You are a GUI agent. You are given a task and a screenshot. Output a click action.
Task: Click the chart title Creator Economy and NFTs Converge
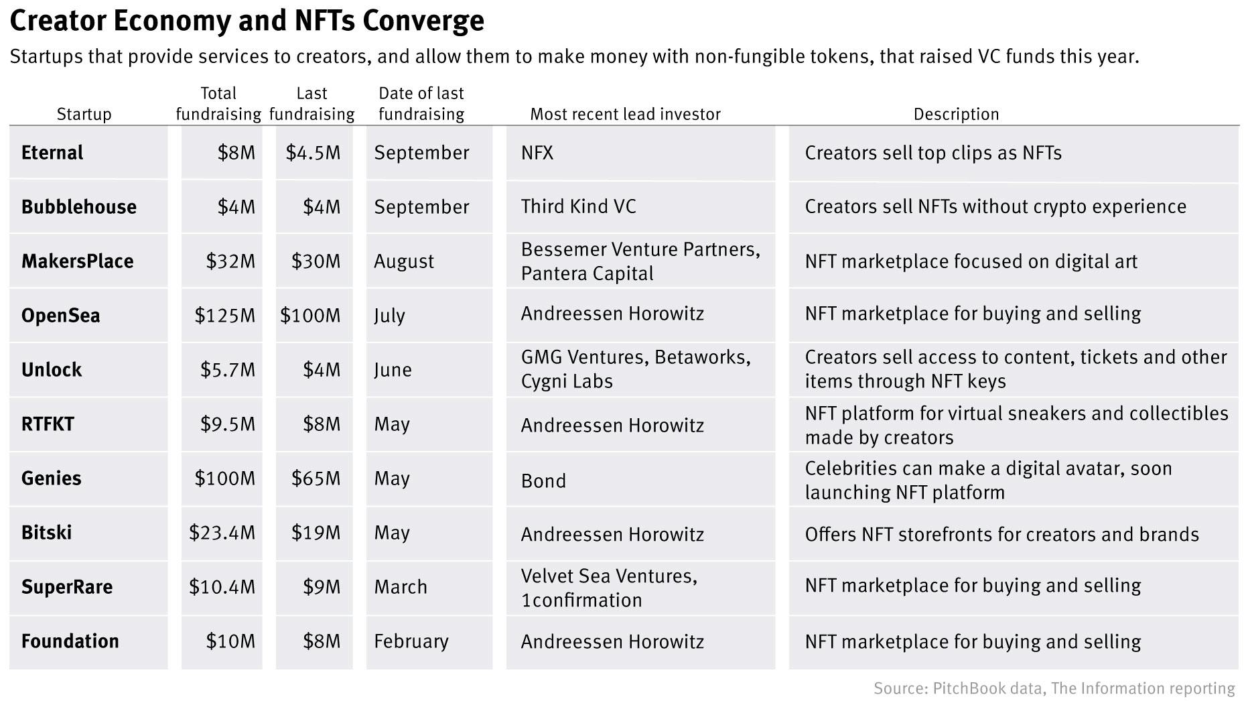pos(247,20)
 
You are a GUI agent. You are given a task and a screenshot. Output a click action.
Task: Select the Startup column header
pos(84,114)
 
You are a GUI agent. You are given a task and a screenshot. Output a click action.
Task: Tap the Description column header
pos(956,114)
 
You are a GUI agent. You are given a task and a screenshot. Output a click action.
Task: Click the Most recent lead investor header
pos(625,114)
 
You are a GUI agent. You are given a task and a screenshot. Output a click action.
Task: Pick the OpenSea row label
pos(61,315)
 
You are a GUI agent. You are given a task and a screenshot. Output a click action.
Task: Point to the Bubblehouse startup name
pos(79,206)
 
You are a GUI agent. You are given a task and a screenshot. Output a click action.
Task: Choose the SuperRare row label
pos(67,586)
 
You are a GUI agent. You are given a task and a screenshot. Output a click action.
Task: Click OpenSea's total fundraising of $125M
pos(224,315)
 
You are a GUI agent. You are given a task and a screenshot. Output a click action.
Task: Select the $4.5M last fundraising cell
pos(313,153)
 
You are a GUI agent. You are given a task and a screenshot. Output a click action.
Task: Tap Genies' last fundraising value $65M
pos(316,478)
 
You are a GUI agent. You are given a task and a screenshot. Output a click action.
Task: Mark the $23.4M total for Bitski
pos(222,532)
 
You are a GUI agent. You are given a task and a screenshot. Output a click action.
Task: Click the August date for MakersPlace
pos(404,261)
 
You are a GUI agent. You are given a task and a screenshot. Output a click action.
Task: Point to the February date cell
pos(411,641)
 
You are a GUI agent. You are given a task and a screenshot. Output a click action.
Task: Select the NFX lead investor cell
pos(537,153)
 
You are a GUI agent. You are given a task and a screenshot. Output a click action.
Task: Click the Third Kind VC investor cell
pos(578,206)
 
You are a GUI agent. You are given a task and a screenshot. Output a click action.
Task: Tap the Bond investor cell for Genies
pos(543,481)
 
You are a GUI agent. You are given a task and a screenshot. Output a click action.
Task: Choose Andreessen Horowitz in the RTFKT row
pos(612,425)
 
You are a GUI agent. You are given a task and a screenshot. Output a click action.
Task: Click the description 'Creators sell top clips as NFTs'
pos(933,153)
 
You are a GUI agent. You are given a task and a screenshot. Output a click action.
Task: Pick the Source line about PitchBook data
pos(1054,688)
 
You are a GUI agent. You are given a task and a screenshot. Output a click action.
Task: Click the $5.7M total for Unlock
pos(228,369)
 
